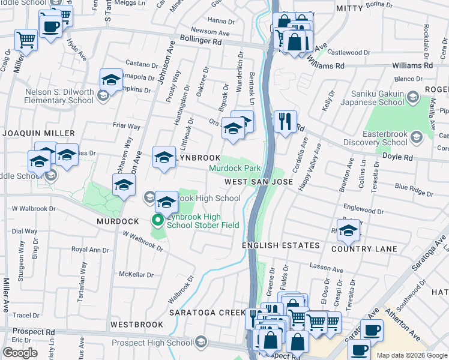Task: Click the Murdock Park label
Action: (x=235, y=169)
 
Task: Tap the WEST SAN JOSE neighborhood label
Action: (x=259, y=181)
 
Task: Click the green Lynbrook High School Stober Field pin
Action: (x=158, y=221)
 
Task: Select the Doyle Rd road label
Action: (x=399, y=157)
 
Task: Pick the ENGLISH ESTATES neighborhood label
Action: (x=281, y=246)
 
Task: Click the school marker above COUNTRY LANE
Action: (x=348, y=230)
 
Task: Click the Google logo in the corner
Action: (x=20, y=353)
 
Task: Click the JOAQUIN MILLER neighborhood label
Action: (x=38, y=133)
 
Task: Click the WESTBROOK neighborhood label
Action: (x=137, y=325)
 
